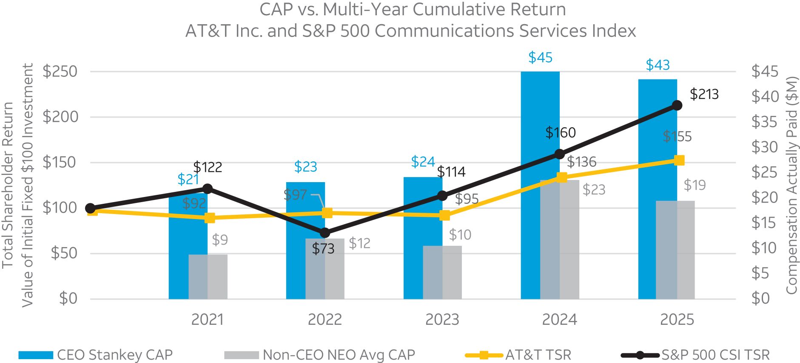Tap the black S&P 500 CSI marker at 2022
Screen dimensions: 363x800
(325, 233)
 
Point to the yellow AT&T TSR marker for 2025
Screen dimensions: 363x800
(679, 160)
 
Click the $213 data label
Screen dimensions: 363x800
(704, 94)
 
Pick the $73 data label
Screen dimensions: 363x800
(323, 249)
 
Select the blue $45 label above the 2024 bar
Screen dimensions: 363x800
(540, 57)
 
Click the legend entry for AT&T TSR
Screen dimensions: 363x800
(538, 355)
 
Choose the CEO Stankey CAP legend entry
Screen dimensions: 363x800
(114, 355)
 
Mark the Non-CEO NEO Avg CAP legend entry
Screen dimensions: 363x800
(339, 355)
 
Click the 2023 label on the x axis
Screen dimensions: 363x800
(442, 319)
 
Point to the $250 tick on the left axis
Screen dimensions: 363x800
(60, 71)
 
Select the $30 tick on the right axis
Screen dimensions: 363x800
(764, 147)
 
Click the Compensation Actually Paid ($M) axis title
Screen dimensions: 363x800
(791, 185)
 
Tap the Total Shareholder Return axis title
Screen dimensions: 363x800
(8, 185)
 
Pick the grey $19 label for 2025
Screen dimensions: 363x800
(695, 185)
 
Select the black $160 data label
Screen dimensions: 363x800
(561, 132)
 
